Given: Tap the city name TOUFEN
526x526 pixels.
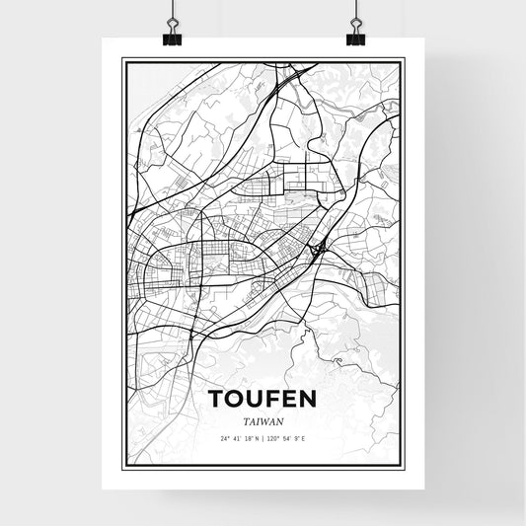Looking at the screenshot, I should pyautogui.click(x=263, y=399).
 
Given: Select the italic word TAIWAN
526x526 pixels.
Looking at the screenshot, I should pyautogui.click(x=263, y=419).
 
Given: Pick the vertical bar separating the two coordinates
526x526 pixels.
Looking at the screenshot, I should pyautogui.click(x=263, y=437).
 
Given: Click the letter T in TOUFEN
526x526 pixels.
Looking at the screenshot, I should pyautogui.click(x=218, y=399).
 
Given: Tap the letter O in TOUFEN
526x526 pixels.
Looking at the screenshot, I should pyautogui.click(x=237, y=399).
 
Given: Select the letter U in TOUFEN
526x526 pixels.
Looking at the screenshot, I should pyautogui.click(x=257, y=399).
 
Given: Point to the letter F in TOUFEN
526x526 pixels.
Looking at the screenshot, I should pyautogui.click(x=273, y=399).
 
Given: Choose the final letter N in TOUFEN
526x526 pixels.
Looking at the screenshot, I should pyautogui.click(x=308, y=399).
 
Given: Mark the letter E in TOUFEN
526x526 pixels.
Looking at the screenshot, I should pyautogui.click(x=289, y=399).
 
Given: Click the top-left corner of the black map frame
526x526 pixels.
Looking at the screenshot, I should pyautogui.click(x=123, y=60).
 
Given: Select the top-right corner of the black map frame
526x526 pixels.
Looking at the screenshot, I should pyautogui.click(x=403, y=60).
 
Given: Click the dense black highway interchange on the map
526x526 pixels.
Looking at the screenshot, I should pyautogui.click(x=316, y=254).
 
